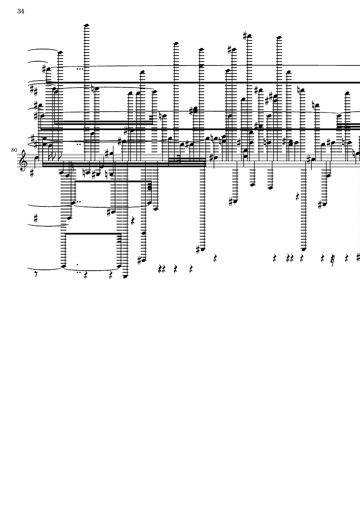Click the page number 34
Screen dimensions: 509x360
click(x=21, y=11)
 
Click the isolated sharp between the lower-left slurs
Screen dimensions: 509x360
click(x=36, y=219)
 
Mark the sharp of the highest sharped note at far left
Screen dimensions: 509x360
click(x=44, y=68)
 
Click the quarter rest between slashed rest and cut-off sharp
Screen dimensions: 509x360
click(x=346, y=259)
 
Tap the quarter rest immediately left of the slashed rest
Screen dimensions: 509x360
click(x=322, y=259)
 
